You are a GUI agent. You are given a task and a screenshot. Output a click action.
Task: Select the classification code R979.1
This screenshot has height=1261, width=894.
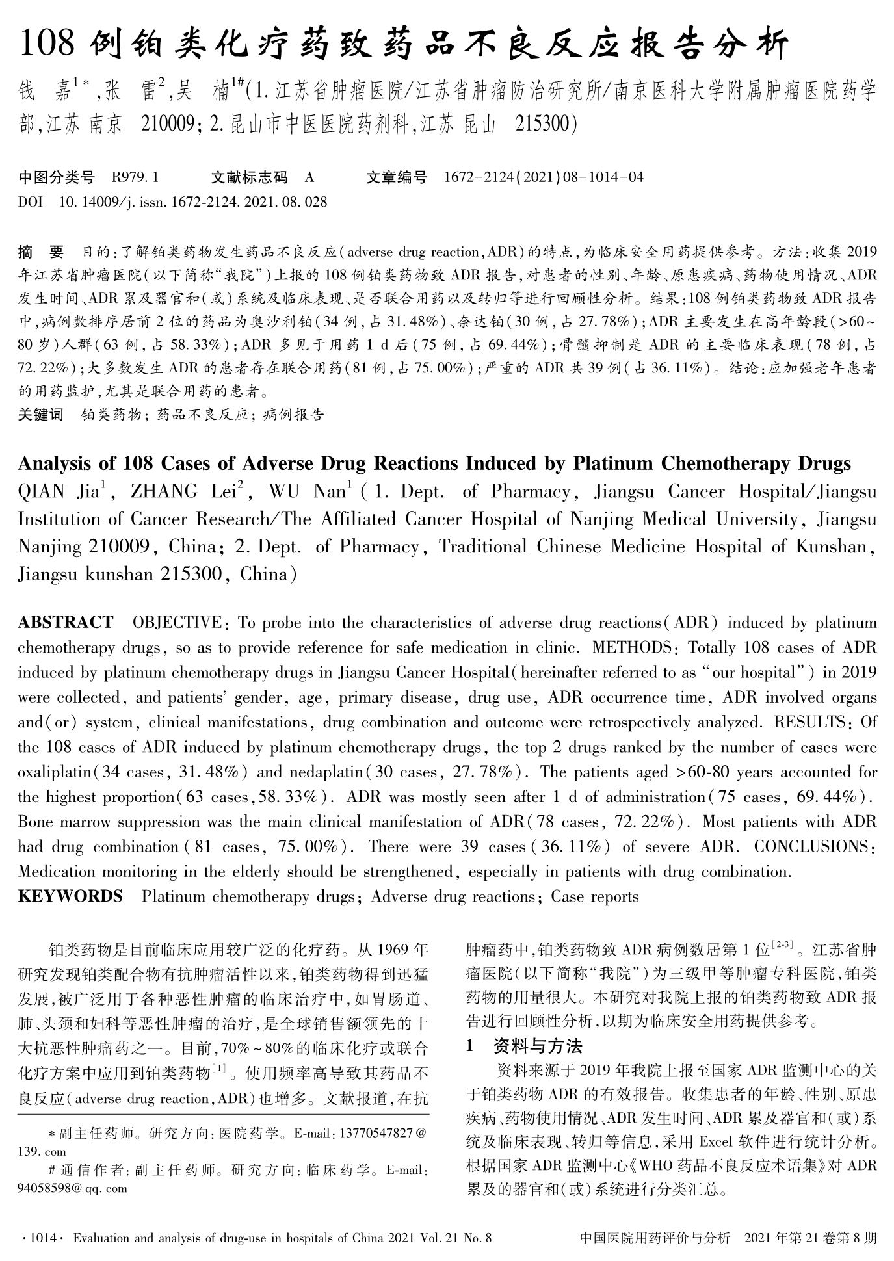135,177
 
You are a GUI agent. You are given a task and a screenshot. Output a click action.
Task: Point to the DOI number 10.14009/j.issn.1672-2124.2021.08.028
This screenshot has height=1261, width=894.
193,201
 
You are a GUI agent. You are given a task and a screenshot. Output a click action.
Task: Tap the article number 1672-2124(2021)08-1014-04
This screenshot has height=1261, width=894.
544,177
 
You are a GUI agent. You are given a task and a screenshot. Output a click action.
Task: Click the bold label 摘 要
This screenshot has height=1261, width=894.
41,252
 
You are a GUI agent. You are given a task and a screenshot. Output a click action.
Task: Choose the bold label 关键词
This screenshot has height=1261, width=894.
41,415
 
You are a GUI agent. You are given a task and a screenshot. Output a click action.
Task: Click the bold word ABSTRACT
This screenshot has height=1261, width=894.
65,622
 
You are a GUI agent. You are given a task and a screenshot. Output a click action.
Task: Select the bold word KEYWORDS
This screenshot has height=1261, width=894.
70,896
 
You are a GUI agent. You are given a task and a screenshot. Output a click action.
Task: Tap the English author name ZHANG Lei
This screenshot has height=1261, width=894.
178,491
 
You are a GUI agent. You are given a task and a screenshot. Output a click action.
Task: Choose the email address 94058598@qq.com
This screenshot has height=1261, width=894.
72,1189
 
